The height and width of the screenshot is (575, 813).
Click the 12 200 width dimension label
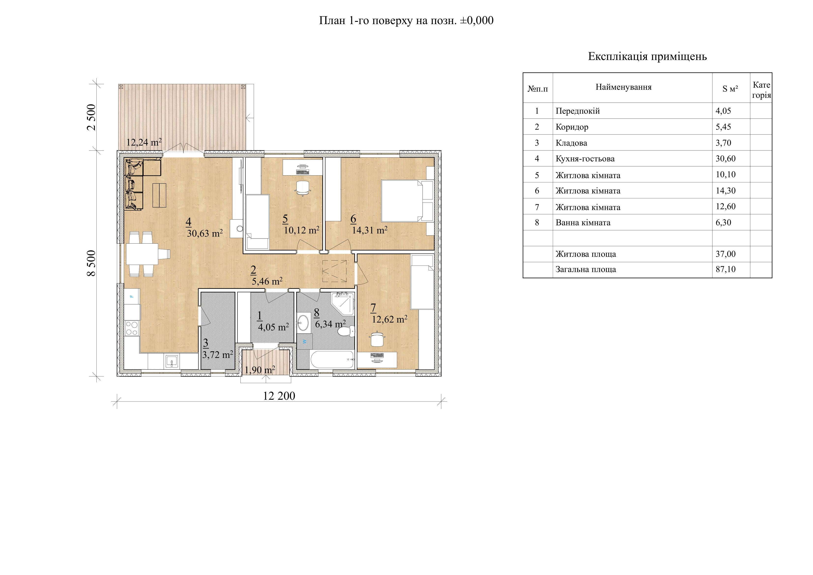pos(279,396)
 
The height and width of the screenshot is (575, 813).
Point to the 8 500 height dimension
pos(91,263)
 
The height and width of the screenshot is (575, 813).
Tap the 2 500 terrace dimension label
pos(91,117)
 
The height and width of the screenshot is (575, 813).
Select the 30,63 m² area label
pos(205,233)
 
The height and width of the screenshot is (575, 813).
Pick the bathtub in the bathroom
pos(332,359)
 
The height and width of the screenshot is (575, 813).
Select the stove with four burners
pos(132,328)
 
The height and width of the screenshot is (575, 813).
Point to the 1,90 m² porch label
pos(260,370)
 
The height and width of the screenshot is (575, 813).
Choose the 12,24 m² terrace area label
pos(144,142)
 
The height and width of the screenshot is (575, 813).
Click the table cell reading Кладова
pos(571,143)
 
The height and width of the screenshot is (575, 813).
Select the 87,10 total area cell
pos(725,269)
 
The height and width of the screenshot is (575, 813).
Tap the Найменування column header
pos(623,87)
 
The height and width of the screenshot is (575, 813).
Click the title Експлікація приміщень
pos(647,56)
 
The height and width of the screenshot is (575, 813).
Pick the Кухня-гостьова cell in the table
pos(585,159)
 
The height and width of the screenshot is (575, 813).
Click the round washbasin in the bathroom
pos(303,323)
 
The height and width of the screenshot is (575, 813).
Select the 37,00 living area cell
pos(725,254)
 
